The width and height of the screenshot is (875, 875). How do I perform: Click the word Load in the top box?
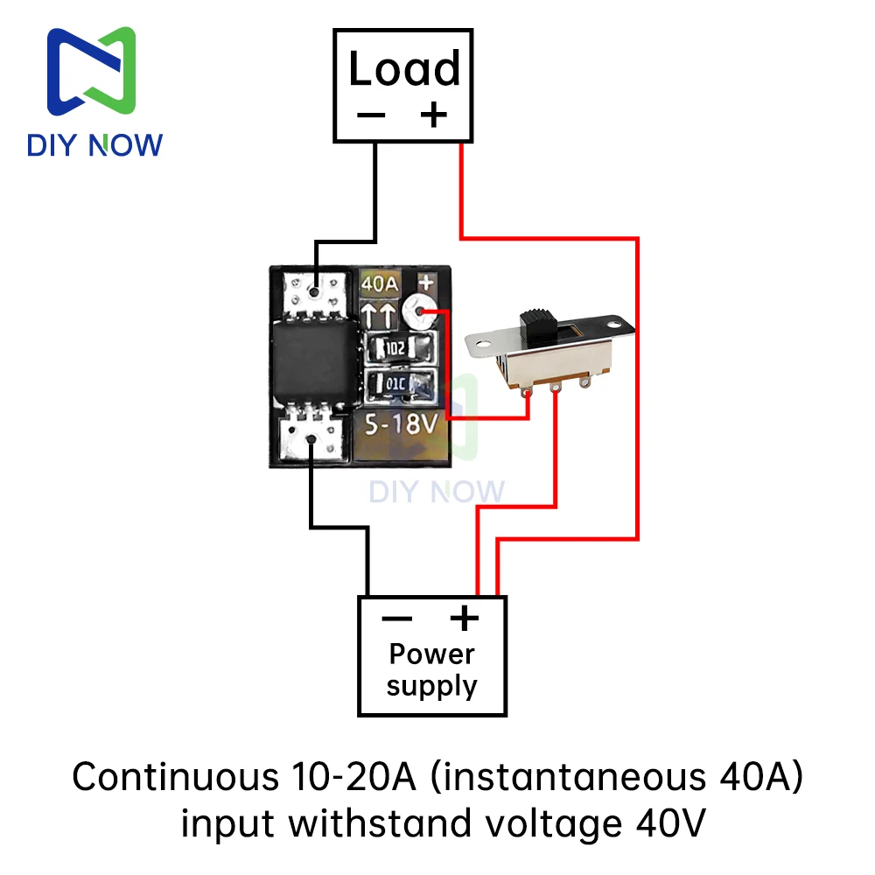coord(404,68)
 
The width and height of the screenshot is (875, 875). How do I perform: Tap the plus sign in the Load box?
coord(434,115)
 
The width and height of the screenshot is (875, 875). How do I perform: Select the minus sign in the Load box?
coord(371,115)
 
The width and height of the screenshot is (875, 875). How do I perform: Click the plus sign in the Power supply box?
coord(465,618)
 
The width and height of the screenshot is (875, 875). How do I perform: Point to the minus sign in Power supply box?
coord(396,619)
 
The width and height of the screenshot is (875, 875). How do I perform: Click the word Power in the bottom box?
coord(432,654)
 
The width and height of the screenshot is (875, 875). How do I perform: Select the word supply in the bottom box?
coord(432,686)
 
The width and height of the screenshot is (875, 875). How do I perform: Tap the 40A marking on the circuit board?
coord(380,284)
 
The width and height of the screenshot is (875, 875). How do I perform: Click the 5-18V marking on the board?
coord(401,424)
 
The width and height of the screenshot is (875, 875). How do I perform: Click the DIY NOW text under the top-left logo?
coord(94,145)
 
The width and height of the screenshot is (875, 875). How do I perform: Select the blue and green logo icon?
coord(92,72)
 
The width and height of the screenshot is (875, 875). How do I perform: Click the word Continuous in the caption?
coord(176,777)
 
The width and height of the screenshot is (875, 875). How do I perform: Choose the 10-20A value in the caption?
coord(353,777)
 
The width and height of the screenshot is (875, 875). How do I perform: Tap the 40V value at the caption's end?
coord(671,823)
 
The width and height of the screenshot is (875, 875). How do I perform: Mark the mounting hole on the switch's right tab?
coord(614,324)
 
